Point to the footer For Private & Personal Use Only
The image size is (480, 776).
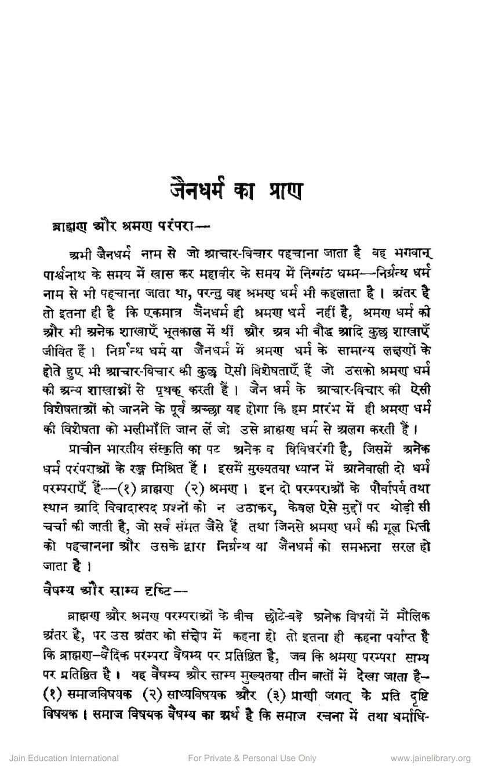pos(253,758)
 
